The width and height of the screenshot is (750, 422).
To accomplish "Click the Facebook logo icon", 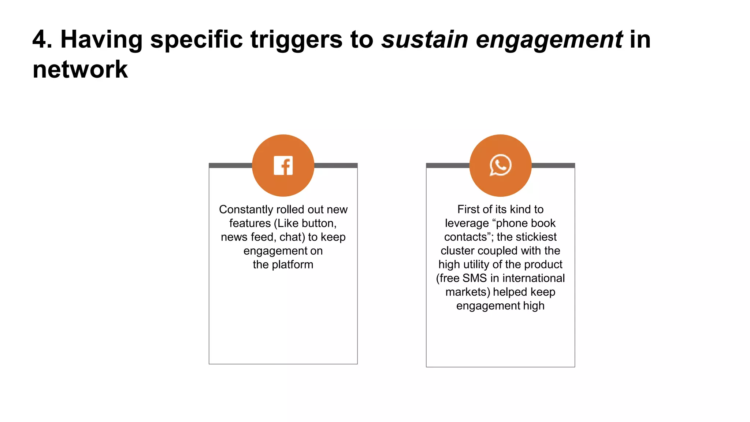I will click(283, 166).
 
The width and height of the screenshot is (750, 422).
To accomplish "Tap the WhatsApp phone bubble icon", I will click(500, 165).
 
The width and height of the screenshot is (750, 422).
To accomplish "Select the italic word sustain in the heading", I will click(424, 39).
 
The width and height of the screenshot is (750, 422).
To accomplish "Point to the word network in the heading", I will click(80, 69).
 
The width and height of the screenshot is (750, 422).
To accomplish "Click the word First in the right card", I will click(468, 209).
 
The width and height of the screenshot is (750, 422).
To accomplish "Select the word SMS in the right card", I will click(475, 278).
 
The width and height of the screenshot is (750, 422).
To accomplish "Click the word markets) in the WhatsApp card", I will click(468, 292).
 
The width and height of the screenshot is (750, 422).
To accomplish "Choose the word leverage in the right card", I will click(467, 223).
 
